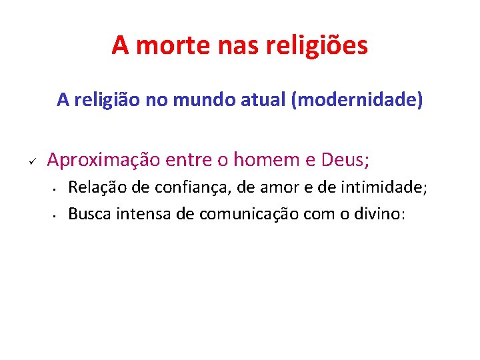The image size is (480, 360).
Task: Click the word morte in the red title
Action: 167,45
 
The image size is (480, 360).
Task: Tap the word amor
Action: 277,189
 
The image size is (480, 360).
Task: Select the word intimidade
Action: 381,189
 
